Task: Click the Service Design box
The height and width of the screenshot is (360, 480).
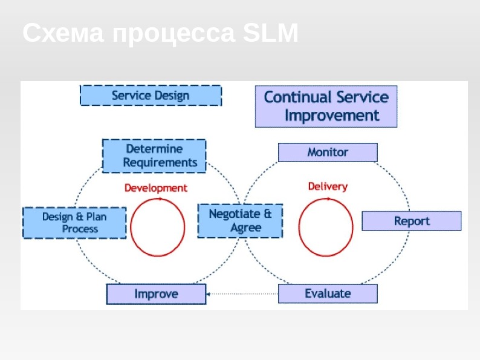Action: pos(151,96)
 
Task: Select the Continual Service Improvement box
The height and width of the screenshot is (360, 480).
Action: pos(326,106)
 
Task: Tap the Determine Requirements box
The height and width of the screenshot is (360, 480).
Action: pos(154,155)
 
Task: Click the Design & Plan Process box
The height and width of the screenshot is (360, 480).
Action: pos(74,223)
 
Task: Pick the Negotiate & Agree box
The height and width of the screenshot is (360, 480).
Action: pos(240,221)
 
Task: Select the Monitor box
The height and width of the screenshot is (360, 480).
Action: pos(328,152)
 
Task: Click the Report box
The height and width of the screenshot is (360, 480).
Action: pos(412,221)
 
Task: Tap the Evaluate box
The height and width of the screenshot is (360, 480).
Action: pos(328,293)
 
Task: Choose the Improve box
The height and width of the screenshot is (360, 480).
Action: pos(156,294)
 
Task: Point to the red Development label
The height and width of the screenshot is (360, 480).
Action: pos(156,188)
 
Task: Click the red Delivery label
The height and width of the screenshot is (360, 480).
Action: pos(328,186)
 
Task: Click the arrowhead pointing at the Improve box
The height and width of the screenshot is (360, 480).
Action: pos(209,294)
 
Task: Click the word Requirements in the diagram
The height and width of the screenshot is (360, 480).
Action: pos(160,163)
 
